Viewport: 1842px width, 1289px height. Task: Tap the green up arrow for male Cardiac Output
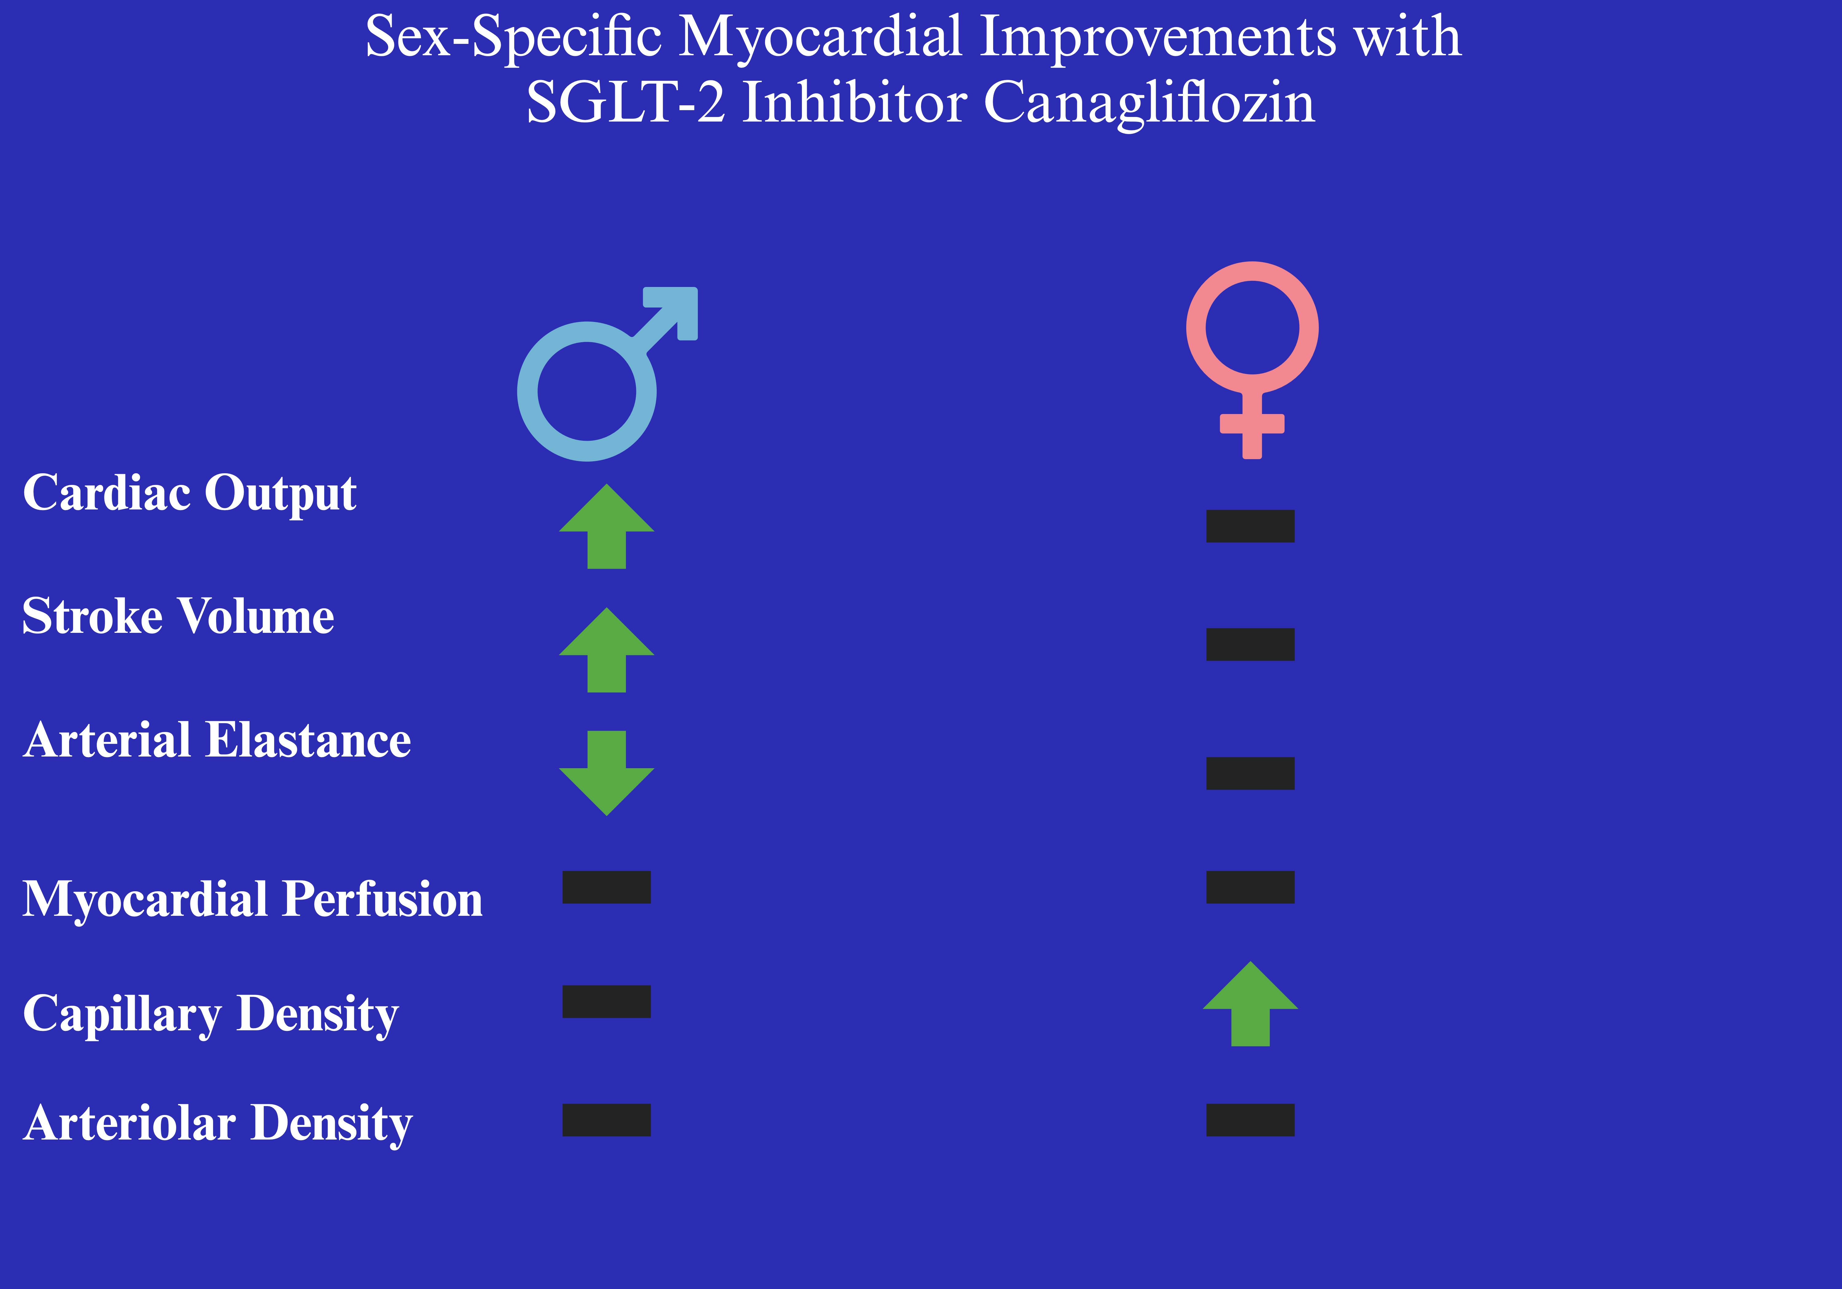click(607, 526)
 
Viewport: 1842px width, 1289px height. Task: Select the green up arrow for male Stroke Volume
click(607, 650)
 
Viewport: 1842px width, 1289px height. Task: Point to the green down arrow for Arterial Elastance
click(607, 773)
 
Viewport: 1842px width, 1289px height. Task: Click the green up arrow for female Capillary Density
click(1251, 1004)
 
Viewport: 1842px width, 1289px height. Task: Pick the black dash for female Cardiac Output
click(1251, 526)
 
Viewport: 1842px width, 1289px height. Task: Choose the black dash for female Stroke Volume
click(1251, 644)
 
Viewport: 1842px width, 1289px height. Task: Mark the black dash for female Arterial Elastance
click(1251, 773)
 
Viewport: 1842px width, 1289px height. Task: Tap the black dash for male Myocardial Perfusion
click(607, 887)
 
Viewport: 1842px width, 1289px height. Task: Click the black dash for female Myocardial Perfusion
click(1251, 887)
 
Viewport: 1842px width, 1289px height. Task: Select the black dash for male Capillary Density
click(607, 1002)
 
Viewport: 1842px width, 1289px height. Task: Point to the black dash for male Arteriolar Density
click(607, 1120)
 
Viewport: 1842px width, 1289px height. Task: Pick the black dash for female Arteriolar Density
click(1251, 1120)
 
